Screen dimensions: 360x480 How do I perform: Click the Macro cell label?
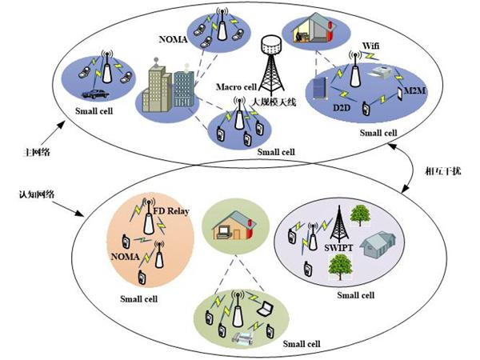238,86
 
